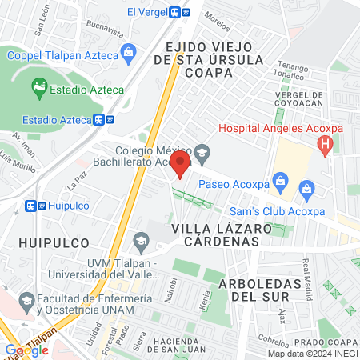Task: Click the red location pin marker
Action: (181, 165)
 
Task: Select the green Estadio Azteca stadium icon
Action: (38, 85)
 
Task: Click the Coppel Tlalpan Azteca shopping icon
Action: (129, 54)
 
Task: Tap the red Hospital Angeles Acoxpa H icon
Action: (325, 145)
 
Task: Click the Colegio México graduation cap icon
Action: (202, 151)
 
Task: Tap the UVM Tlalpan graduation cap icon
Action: (142, 240)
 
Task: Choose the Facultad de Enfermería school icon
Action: (26, 302)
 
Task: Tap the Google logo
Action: (26, 350)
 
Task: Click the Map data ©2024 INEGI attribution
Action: (312, 354)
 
